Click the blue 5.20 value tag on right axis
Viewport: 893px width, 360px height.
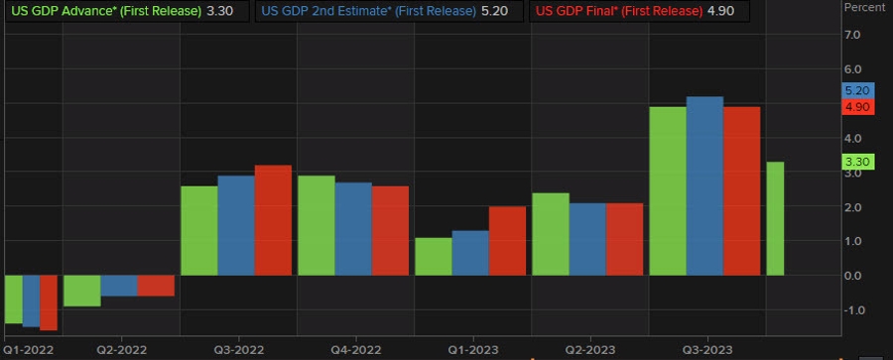click(856, 90)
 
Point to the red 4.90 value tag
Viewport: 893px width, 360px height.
click(856, 106)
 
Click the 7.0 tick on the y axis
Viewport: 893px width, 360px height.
click(853, 36)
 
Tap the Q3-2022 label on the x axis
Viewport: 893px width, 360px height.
click(238, 350)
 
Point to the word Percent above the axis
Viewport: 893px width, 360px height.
click(863, 8)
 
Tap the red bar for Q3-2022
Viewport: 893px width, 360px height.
click(274, 220)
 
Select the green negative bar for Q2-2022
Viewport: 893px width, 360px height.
click(81, 291)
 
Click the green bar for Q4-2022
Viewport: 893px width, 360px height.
click(317, 225)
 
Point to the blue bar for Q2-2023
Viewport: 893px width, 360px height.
click(587, 239)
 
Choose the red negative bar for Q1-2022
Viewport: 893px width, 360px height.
click(49, 302)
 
